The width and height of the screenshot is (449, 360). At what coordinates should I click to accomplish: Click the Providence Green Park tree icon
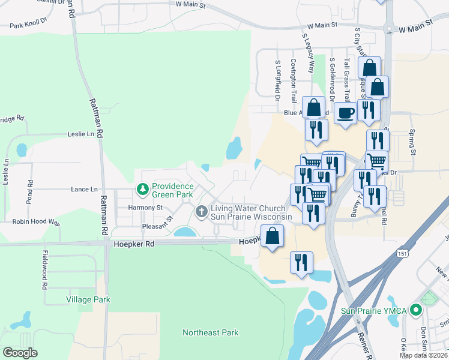click(143, 190)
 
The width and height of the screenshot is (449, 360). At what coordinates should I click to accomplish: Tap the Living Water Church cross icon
click(201, 211)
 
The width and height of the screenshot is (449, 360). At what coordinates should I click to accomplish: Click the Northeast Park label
click(211, 332)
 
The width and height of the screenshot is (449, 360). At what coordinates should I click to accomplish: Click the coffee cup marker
click(345, 113)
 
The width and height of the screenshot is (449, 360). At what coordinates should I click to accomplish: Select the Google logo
click(20, 353)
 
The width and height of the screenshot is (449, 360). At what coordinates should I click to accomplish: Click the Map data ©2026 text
click(424, 355)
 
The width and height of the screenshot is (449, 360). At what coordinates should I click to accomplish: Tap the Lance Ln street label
click(84, 189)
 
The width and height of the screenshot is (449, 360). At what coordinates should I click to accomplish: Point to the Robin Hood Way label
click(37, 222)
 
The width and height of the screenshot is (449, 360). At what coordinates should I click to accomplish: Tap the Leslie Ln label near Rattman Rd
click(82, 134)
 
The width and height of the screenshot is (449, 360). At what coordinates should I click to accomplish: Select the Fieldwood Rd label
click(44, 269)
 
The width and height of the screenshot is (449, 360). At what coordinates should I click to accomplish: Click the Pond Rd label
click(29, 191)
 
